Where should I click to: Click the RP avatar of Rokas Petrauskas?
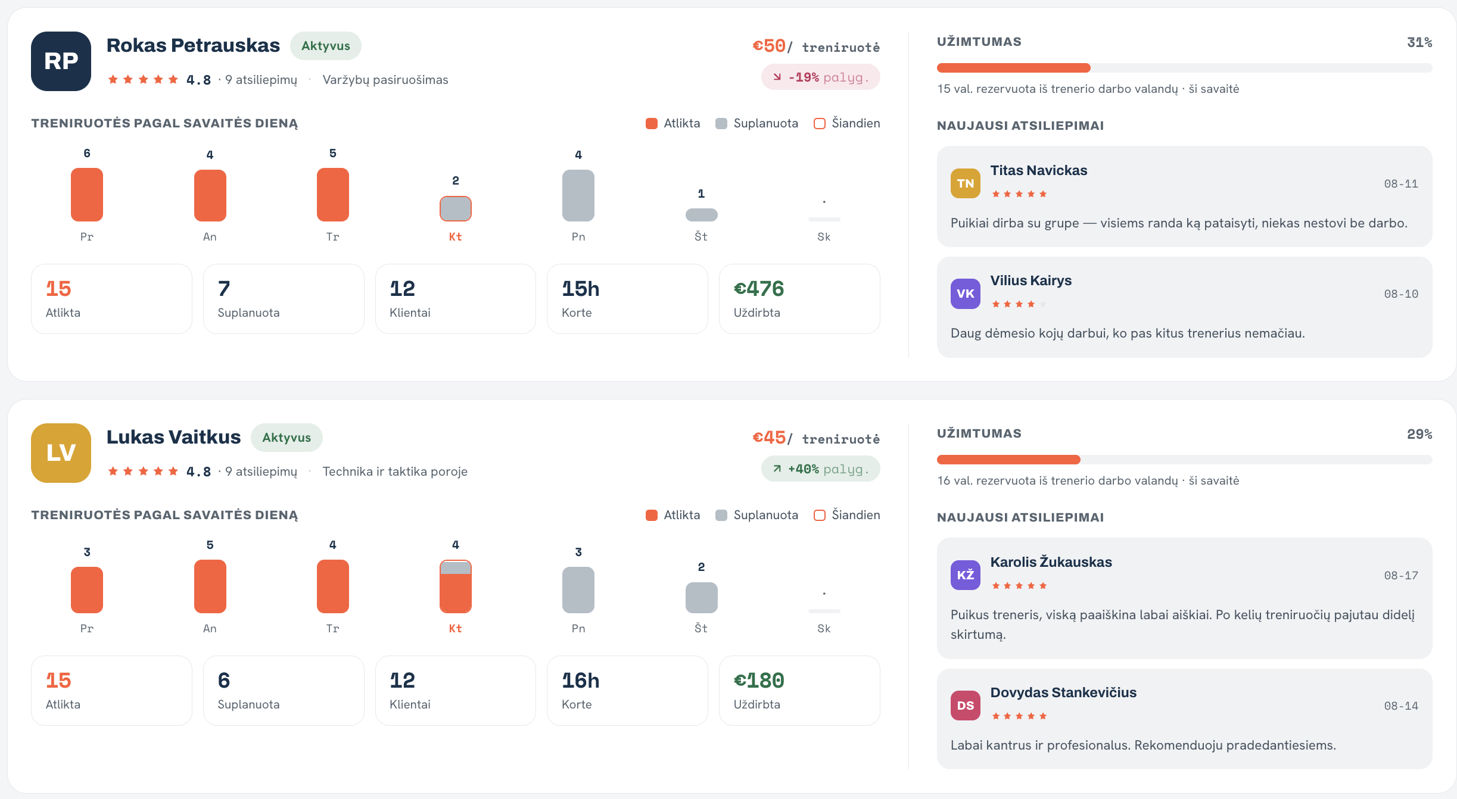(61, 61)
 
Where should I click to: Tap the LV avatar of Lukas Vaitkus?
(61, 453)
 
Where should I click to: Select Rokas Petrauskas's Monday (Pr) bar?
(87, 195)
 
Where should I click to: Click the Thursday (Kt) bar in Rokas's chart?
(456, 208)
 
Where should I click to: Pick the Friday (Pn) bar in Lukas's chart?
(578, 590)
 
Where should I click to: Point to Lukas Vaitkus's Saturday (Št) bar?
(702, 598)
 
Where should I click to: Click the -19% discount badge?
(821, 77)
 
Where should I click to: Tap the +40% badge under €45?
(821, 469)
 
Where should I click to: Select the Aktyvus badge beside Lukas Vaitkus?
(287, 438)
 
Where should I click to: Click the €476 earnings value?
(759, 289)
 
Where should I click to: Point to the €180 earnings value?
(759, 681)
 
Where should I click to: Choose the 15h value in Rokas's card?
(581, 289)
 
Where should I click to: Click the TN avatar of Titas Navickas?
(966, 183)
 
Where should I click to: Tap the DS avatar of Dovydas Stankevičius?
(966, 706)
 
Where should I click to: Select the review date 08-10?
(1401, 294)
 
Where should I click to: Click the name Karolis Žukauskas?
(1051, 562)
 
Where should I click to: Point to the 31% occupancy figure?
(1419, 42)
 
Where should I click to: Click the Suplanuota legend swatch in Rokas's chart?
(721, 123)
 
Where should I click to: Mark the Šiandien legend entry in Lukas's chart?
(847, 515)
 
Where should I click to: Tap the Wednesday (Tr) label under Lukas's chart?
(333, 629)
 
